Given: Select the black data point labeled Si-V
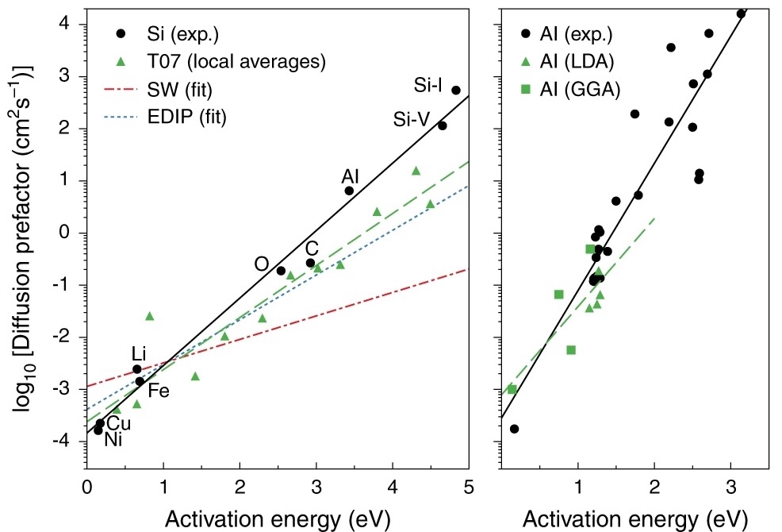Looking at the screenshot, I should tap(443, 125).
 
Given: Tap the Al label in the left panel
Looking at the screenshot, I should tap(351, 175).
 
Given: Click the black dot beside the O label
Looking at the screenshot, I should tap(281, 271).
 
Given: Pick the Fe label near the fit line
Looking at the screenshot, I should tap(159, 391).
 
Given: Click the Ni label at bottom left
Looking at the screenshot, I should tap(113, 438).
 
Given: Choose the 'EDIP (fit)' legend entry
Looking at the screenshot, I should tap(184, 117).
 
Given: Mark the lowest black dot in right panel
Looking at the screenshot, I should tap(514, 429).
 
